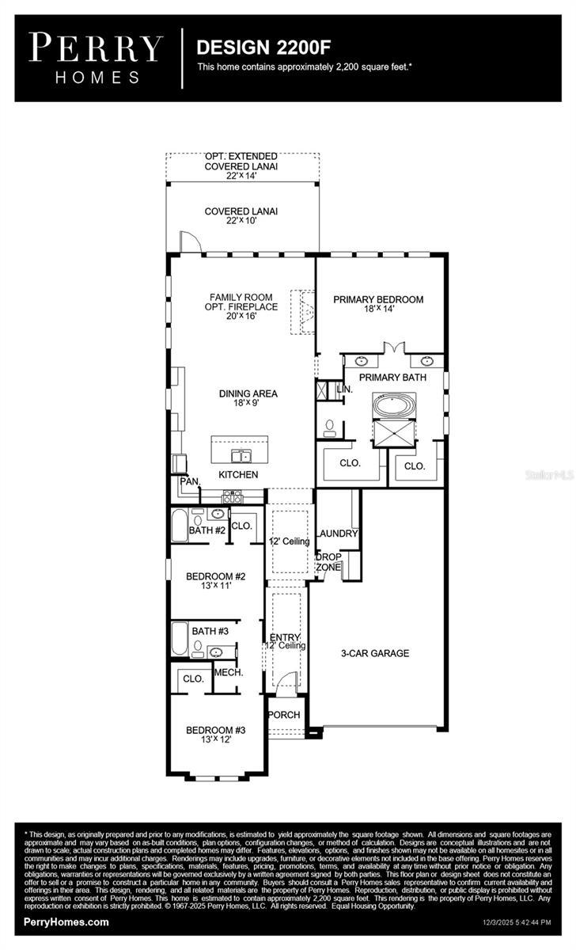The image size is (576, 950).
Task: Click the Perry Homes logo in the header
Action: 97,57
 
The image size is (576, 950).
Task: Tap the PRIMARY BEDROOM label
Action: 377,299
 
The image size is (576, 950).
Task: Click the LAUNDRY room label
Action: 338,534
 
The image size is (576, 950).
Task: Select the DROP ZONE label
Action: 328,562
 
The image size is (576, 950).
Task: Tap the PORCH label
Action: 284,715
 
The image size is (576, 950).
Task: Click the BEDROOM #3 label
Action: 215,730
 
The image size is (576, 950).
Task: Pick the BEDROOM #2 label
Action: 215,576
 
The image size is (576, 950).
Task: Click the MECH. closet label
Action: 228,672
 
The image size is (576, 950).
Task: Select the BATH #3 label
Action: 210,631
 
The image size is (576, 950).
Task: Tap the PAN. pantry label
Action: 189,481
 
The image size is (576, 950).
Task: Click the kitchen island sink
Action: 240,455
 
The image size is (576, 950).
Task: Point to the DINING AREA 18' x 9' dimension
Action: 248,404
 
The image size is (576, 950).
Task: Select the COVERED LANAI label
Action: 241,211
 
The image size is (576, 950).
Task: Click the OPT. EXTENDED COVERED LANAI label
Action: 241,166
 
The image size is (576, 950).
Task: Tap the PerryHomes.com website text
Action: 66,921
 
